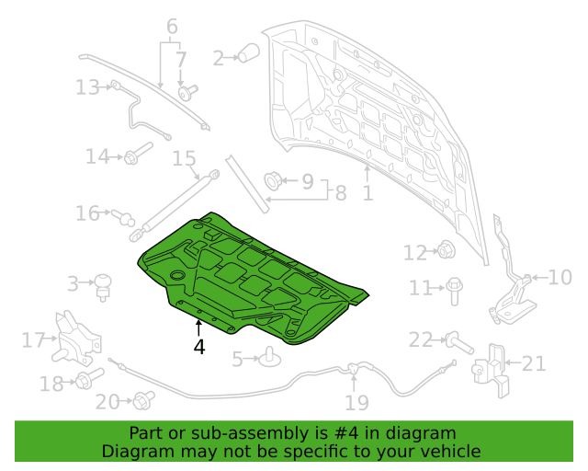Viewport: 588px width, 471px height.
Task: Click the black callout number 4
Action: (199, 347)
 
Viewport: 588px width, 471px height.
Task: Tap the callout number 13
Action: (88, 87)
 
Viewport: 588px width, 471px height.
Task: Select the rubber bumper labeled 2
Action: (249, 52)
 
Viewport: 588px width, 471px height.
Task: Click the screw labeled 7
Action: (187, 92)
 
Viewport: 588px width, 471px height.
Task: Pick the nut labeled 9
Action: (273, 180)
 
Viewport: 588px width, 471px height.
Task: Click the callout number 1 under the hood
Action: (367, 193)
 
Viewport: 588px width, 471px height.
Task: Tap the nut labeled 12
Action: (447, 250)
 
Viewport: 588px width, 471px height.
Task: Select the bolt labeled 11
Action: (454, 291)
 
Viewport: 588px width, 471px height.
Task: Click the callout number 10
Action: (560, 278)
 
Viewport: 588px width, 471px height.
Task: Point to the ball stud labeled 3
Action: (103, 287)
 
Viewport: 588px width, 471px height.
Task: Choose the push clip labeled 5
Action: (270, 357)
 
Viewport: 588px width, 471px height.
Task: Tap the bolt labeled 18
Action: (90, 379)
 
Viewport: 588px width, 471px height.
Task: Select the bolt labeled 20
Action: (144, 400)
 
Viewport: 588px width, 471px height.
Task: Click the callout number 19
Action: (357, 403)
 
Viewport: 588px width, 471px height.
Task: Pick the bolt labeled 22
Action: (459, 343)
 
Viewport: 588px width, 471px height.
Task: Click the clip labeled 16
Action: (122, 217)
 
